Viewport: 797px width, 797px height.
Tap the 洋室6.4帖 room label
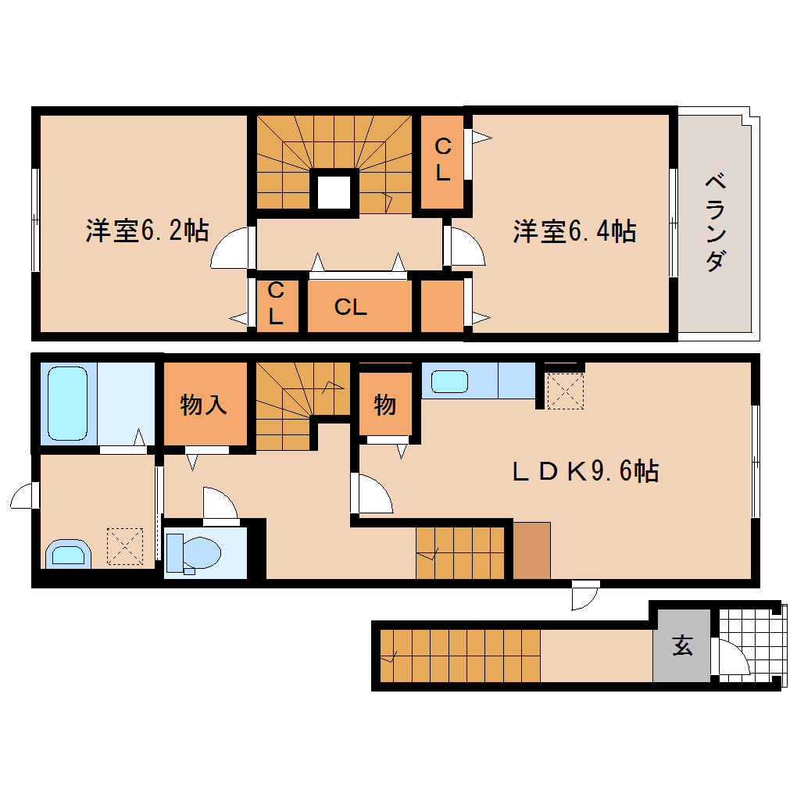574,231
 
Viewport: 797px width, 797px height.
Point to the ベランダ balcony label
714,223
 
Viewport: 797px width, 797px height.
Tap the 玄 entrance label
682,646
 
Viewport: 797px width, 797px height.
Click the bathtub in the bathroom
67,404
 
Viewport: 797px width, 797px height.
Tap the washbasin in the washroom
68,554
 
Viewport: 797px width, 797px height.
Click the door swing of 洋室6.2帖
231,248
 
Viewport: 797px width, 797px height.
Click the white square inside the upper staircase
334,190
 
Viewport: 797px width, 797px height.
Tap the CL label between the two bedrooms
350,307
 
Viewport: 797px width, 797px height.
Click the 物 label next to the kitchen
384,405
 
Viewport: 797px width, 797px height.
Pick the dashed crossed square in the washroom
125,546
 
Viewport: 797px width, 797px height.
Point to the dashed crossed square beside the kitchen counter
564,391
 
